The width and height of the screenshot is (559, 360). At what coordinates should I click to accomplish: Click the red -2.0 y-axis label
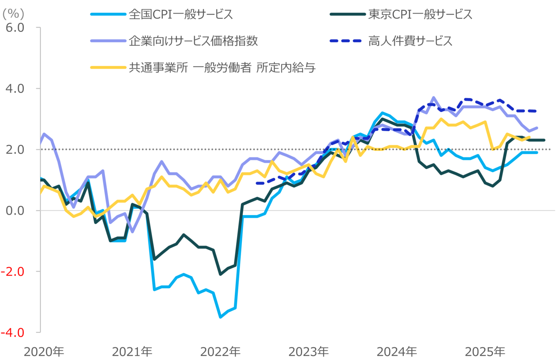coord(13,272)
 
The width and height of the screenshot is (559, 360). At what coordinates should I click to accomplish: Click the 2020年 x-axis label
coord(44,352)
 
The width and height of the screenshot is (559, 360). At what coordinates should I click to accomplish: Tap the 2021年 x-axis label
coord(132,352)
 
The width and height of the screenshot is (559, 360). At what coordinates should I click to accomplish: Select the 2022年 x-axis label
coord(220,352)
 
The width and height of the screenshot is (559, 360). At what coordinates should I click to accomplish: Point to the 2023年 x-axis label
coord(309,352)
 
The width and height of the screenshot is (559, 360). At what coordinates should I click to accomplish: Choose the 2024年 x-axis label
coord(397,352)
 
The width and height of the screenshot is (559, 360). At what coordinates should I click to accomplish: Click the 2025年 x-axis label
coord(485,352)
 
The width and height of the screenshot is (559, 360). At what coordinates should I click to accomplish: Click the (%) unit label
coord(13,14)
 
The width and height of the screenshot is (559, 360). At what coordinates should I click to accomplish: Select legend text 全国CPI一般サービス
coord(181,15)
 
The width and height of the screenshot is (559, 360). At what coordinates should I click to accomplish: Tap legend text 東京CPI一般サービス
coord(420,15)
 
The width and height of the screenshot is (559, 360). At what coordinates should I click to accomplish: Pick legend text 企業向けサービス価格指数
coord(193,41)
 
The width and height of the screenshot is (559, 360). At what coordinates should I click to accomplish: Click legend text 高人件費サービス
coord(410,41)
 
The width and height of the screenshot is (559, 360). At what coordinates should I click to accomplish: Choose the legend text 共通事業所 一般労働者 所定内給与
coord(222,68)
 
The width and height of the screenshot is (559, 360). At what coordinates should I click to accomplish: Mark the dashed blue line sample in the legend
coord(346,41)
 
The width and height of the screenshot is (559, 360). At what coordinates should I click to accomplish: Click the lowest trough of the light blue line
coord(220,317)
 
